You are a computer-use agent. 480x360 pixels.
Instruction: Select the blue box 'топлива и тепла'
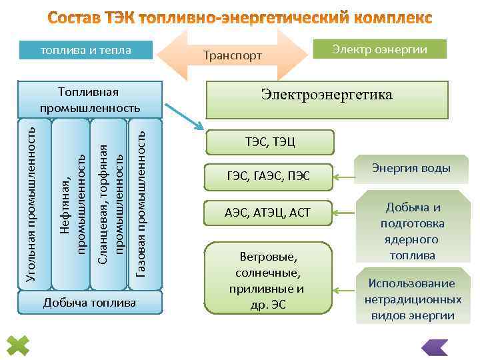pyautogui.click(x=86, y=50)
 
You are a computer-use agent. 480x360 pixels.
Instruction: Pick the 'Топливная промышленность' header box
pyautogui.click(x=90, y=99)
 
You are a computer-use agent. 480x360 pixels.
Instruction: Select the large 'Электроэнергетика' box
pyautogui.click(x=327, y=99)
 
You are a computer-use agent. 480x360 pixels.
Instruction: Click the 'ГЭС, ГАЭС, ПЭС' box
pyautogui.click(x=269, y=177)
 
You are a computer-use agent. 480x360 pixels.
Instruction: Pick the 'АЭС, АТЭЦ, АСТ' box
pyautogui.click(x=269, y=213)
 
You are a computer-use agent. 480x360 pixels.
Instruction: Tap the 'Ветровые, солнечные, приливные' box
pyautogui.click(x=268, y=277)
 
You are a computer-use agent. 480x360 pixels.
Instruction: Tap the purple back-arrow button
pyautogui.click(x=435, y=347)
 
